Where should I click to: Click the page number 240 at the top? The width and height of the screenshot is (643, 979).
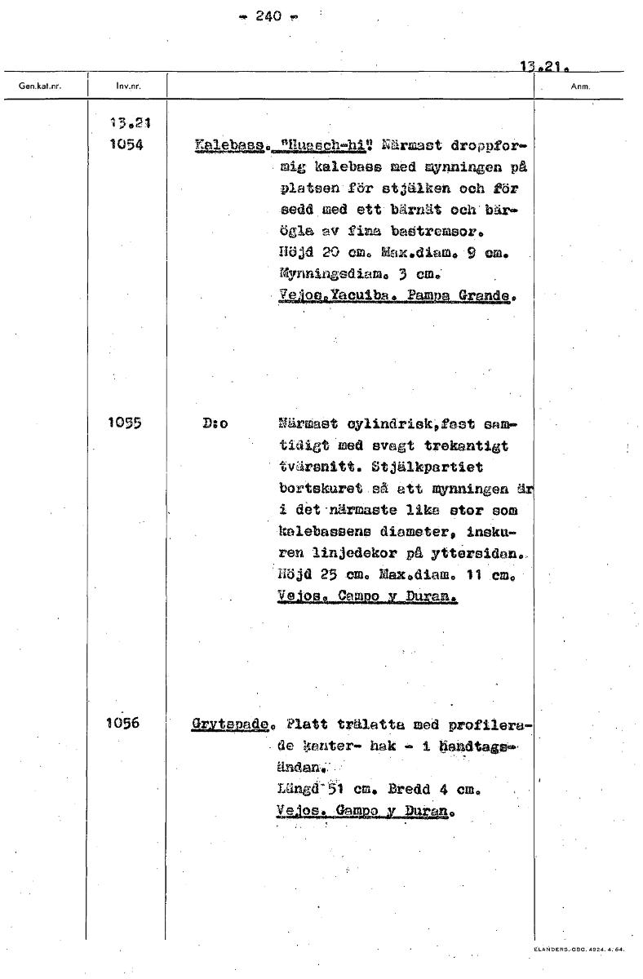click(x=268, y=16)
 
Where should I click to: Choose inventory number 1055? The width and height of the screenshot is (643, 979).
click(x=124, y=423)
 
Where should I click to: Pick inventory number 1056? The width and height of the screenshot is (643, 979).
click(x=124, y=723)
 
